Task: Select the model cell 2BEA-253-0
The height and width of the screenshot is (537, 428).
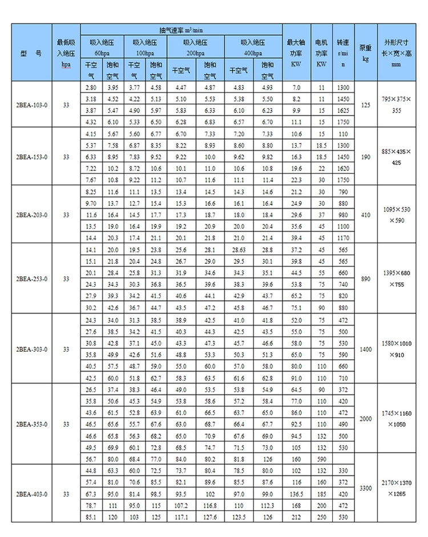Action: [31, 279]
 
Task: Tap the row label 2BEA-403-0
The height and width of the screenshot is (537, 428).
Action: [31, 494]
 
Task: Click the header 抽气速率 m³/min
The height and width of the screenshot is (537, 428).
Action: [181, 29]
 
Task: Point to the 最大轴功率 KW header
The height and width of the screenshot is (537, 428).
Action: [296, 53]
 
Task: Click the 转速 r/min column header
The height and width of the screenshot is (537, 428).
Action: [342, 53]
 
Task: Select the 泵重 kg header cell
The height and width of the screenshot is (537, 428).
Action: [366, 53]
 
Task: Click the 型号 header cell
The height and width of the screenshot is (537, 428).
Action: [31, 53]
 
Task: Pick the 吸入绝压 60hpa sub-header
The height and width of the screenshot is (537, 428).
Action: [103, 47]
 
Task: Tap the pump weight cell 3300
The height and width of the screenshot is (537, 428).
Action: [365, 489]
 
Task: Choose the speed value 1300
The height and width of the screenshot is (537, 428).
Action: [342, 87]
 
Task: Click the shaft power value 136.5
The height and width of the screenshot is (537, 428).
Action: [296, 494]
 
